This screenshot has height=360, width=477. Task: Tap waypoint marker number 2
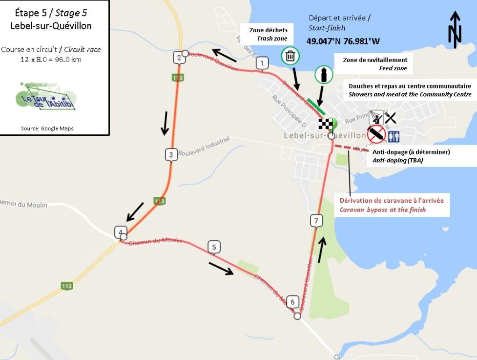(x=179, y=58)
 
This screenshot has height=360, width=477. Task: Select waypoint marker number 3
(x=170, y=155)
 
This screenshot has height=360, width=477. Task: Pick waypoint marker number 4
(x=119, y=232)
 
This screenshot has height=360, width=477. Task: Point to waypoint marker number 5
(x=214, y=247)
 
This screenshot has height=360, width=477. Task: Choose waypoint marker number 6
(x=292, y=301)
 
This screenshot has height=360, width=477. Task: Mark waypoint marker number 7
(x=316, y=221)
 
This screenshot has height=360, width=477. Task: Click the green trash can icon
(x=290, y=56)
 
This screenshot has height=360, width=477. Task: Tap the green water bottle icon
(x=323, y=75)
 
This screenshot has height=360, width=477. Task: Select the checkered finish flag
(x=326, y=124)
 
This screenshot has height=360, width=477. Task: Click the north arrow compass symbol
(x=455, y=30)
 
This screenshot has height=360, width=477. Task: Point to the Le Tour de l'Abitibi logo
(x=46, y=96)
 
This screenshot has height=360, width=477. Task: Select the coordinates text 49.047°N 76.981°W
(x=343, y=41)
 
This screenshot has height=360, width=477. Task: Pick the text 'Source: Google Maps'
(x=47, y=128)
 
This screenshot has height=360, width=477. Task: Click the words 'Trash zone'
(x=275, y=38)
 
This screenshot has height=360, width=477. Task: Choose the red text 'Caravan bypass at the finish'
(x=383, y=210)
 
